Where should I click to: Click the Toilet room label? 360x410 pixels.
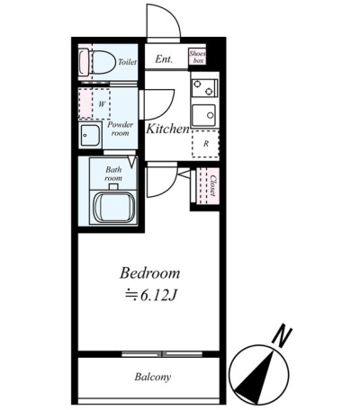click(127, 62)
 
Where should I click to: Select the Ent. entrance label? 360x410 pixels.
click(164, 59)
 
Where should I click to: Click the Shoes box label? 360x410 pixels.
click(197, 57)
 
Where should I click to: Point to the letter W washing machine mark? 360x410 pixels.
click(102, 104)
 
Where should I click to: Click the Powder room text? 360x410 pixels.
click(121, 129)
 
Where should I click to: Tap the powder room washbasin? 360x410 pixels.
click(90, 135)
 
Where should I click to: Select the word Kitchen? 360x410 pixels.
click(167, 129)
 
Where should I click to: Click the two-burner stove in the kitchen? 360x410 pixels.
click(204, 88)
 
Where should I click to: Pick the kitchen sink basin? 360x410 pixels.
click(203, 115)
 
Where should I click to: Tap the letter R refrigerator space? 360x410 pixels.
click(206, 144)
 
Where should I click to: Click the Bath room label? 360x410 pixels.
click(113, 174)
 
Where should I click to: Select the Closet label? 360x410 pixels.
click(212, 185)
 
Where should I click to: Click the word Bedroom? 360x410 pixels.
click(150, 273)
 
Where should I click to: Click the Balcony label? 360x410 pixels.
click(153, 377)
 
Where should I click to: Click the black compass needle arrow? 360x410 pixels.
click(255, 375)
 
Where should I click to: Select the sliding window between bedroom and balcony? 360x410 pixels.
click(162, 354)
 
